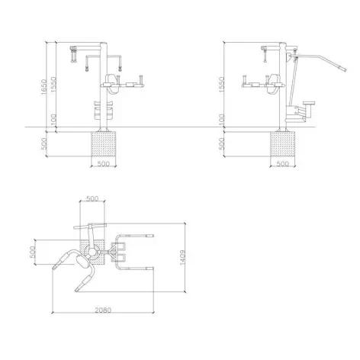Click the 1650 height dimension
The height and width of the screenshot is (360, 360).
44,86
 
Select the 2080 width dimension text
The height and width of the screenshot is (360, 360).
103,310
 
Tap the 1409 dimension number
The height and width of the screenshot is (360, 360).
183,257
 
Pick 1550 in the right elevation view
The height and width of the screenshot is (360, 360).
222,85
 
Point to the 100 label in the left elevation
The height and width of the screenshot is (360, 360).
53,121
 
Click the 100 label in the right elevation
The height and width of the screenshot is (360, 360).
222,120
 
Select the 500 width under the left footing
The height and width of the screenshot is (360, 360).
103,163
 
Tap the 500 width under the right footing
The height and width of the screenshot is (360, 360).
282,163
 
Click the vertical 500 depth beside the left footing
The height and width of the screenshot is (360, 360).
44,144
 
